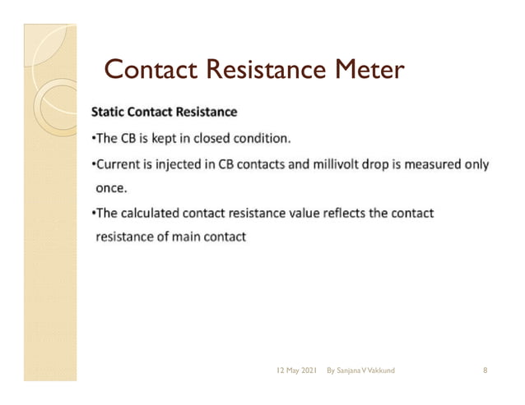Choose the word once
click(111, 188)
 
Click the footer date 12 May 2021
click(296, 371)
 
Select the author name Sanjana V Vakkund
click(366, 371)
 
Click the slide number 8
click(486, 371)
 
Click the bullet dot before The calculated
click(93, 214)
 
